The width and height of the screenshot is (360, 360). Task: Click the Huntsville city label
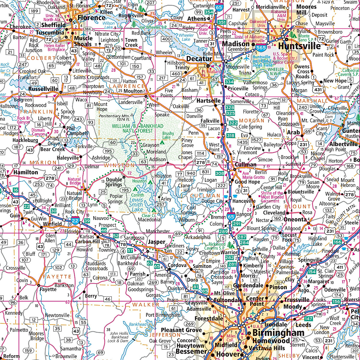click(299, 46)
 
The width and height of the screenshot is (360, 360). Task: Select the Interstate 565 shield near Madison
click(261, 47)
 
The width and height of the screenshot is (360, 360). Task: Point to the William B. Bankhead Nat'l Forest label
click(138, 128)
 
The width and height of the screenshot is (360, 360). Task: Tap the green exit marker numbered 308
click(220, 173)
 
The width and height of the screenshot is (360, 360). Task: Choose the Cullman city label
click(245, 165)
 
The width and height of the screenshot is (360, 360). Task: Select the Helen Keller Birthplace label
click(54, 47)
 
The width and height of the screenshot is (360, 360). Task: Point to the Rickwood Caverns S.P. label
click(217, 246)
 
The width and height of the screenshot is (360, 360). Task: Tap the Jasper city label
click(156, 242)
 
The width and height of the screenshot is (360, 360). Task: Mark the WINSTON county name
click(119, 165)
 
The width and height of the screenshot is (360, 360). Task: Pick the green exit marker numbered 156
click(336, 301)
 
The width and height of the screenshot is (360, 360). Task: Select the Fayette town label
click(48, 289)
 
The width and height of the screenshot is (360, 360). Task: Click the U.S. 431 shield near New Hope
click(318, 89)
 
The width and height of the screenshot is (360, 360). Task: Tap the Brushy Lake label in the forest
click(168, 135)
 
